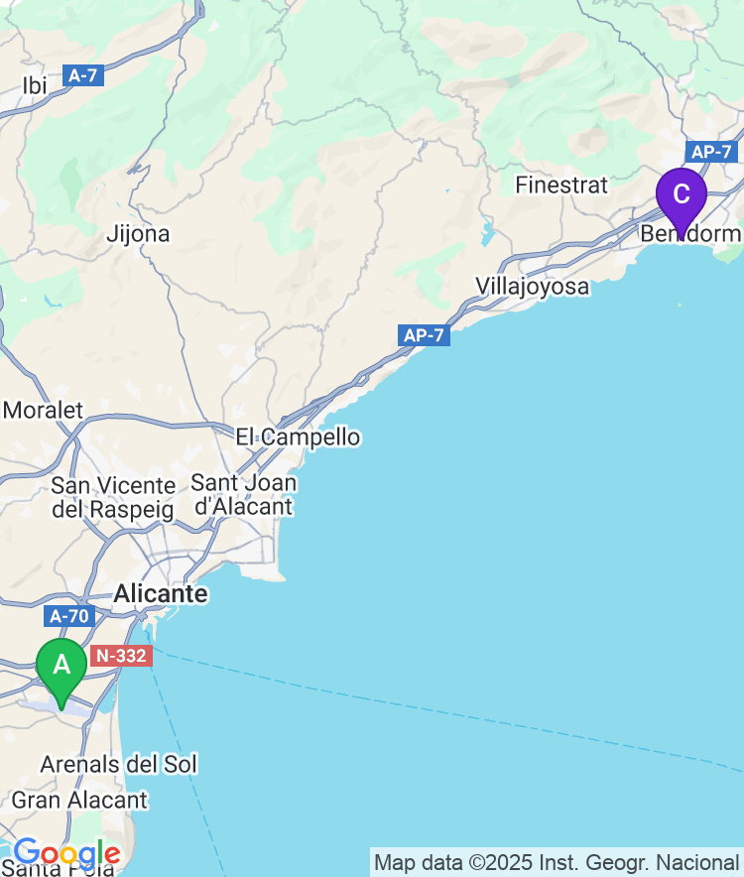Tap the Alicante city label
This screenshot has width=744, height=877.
(161, 594)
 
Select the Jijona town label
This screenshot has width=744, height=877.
(138, 234)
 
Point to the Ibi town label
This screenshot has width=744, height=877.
(35, 86)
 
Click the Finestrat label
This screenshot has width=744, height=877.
(561, 185)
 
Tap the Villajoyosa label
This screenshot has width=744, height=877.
(532, 287)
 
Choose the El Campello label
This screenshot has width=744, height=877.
(298, 437)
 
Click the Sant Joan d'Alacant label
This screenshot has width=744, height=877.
(243, 495)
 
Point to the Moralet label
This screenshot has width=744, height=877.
(44, 410)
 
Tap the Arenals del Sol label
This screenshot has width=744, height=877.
(118, 764)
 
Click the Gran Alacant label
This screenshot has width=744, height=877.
(79, 800)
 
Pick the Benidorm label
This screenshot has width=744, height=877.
(690, 234)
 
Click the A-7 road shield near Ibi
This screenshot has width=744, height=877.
(83, 74)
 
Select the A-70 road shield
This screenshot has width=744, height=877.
(69, 616)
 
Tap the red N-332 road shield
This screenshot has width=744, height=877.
(120, 656)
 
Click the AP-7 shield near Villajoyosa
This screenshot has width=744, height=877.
(425, 335)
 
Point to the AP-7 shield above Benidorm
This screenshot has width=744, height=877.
(710, 152)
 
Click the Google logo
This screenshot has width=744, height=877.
(65, 853)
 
